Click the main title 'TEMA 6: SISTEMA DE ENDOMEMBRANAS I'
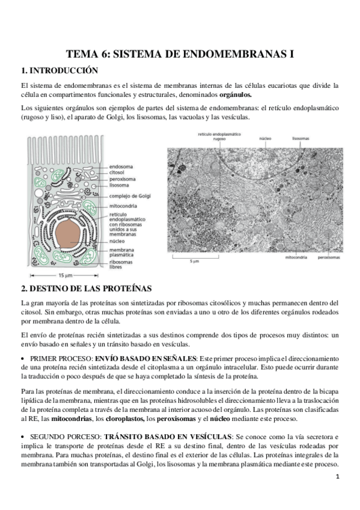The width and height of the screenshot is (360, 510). [x=180, y=54]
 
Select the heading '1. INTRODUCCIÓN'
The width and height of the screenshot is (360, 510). [x=58, y=70]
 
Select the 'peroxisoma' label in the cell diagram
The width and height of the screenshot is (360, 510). [x=123, y=179]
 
